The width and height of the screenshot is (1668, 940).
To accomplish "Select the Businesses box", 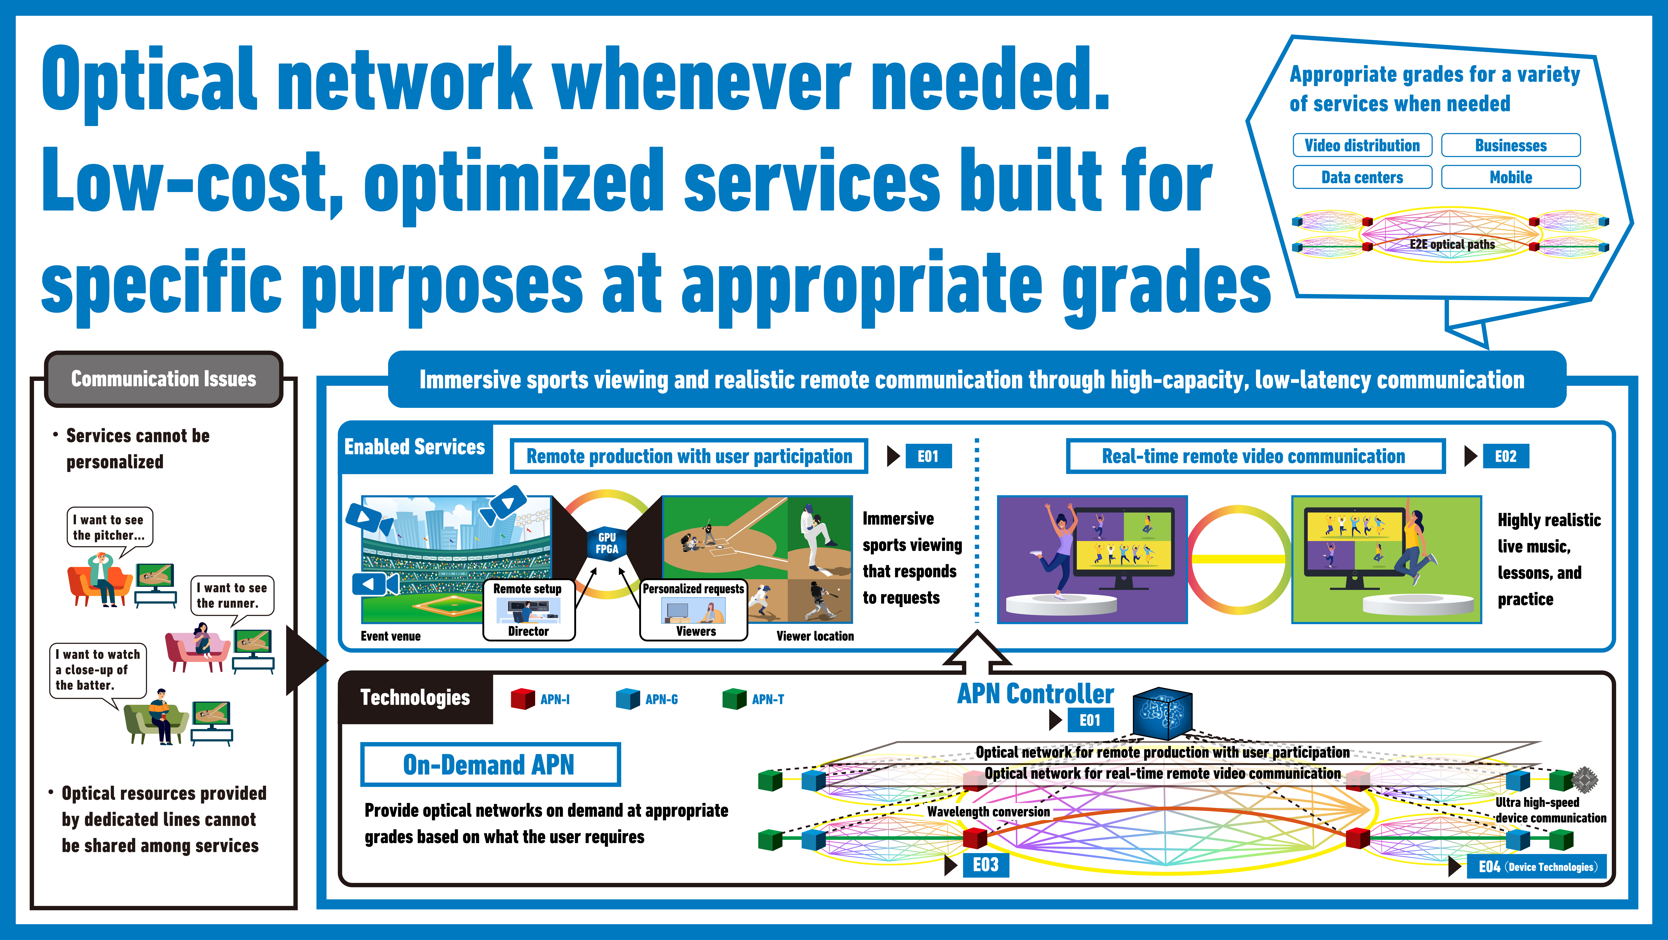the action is click(1511, 145).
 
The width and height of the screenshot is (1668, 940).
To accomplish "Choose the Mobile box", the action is click(1511, 177).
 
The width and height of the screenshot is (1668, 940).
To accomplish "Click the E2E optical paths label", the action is click(1452, 244).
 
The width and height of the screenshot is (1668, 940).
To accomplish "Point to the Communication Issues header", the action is click(163, 379).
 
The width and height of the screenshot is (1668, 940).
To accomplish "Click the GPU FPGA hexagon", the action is click(607, 543).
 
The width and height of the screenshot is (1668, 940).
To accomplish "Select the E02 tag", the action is click(1505, 456).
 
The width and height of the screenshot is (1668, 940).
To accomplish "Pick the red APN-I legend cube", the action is click(523, 698).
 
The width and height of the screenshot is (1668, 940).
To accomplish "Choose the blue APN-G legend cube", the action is click(627, 698).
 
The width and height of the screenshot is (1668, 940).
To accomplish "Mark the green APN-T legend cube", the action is click(734, 698).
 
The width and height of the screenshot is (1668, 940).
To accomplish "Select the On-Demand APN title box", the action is click(490, 765).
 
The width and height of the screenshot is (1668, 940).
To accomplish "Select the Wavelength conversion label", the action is click(988, 812).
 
